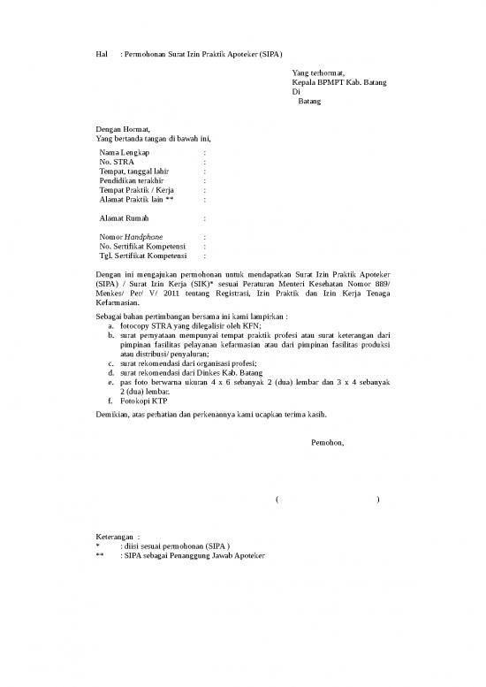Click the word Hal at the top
101,55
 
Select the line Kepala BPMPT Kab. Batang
338,82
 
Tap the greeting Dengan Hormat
124,129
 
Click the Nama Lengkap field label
125,153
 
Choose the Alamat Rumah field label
125,218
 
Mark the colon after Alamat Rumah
204,218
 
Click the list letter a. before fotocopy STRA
110,325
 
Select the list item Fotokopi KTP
141,400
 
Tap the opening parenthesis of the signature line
277,500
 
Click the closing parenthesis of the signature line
378,500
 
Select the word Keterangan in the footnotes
116,537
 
